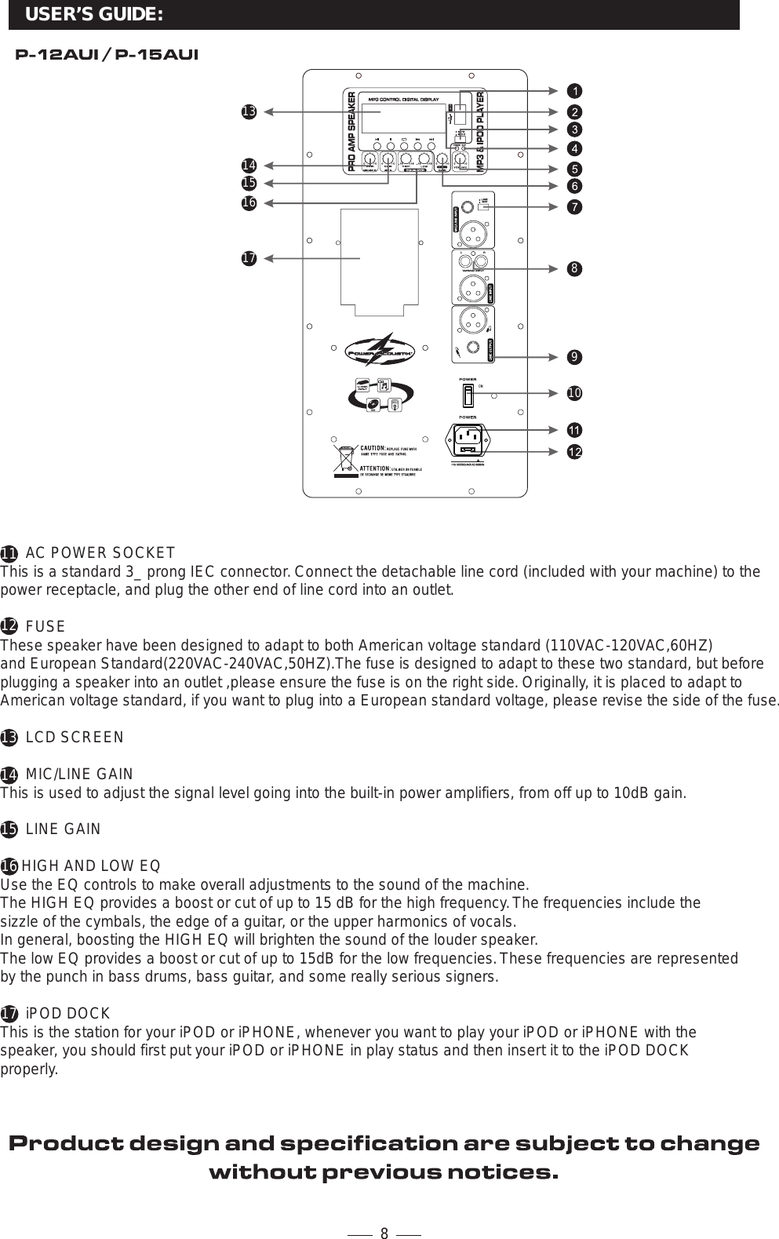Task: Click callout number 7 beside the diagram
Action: pos(575,207)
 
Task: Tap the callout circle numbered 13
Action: pos(249,112)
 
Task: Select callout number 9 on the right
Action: pos(575,358)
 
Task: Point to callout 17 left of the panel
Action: pos(249,258)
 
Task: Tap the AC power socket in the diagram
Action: pos(469,439)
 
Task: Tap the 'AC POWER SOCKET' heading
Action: pos(100,553)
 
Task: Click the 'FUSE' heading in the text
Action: pos(46,627)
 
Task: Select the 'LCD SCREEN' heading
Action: pos(75,738)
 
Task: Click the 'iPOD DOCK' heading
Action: pos(67,1013)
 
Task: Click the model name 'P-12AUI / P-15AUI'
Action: pos(107,55)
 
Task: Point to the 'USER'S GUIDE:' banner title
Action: pos(94,15)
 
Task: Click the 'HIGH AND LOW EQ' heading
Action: pos(91,866)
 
